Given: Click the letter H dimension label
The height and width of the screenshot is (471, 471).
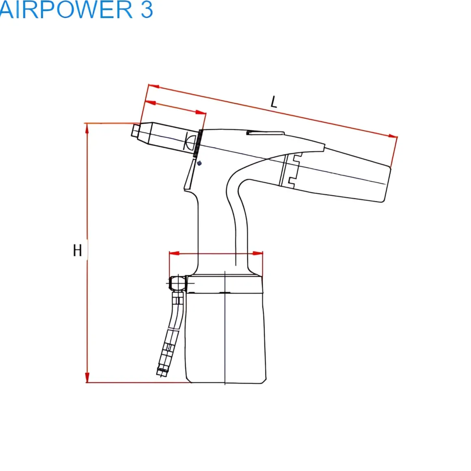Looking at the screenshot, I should coord(77,251).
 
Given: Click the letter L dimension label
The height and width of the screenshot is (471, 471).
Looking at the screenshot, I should coord(274,102).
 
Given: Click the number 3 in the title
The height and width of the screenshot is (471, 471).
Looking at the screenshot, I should coord(147,10).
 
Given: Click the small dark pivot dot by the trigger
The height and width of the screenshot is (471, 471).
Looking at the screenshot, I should coord(199,163).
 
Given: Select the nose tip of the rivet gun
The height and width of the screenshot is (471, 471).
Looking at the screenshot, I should coord(136,131).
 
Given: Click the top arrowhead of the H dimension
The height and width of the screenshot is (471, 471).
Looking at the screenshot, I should coord(87,128).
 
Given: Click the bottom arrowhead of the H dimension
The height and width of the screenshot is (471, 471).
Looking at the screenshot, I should coord(87,377).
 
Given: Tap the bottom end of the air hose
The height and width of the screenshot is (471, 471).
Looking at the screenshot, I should coord(161,372).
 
